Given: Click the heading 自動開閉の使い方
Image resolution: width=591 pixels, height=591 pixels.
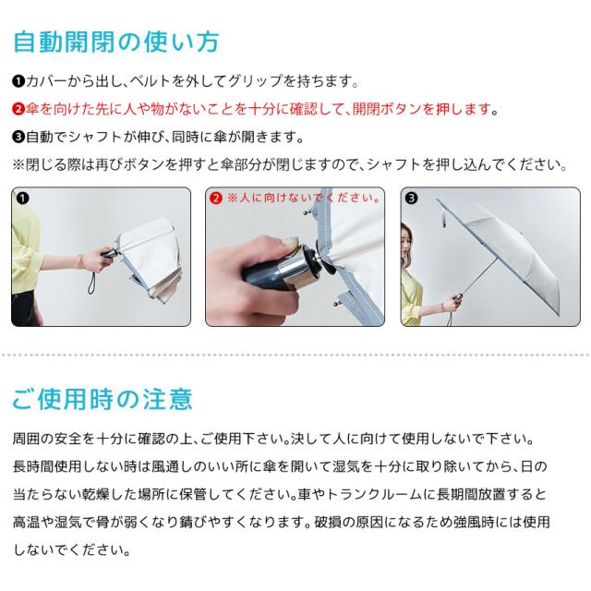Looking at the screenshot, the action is coord(116,42).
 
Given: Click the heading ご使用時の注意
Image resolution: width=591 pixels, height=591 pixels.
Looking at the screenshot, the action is coord(103,399).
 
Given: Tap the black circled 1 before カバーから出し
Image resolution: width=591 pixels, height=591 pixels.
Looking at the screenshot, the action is coord(18,81).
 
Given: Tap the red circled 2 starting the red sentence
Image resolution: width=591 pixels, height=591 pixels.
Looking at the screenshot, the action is coord(18,109).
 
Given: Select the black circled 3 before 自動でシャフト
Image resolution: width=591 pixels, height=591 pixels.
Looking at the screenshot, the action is coord(18,137).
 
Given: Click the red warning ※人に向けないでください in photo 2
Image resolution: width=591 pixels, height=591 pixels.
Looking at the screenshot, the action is coord(304,198).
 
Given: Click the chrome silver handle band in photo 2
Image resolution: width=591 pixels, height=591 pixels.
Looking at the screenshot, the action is coord(295,272).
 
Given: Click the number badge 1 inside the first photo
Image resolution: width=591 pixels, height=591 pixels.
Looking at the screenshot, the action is coord(22,198).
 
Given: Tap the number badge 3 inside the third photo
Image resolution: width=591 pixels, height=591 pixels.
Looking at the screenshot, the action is coord(411,198).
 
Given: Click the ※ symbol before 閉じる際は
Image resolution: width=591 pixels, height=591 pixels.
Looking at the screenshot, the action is coord(18,164).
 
